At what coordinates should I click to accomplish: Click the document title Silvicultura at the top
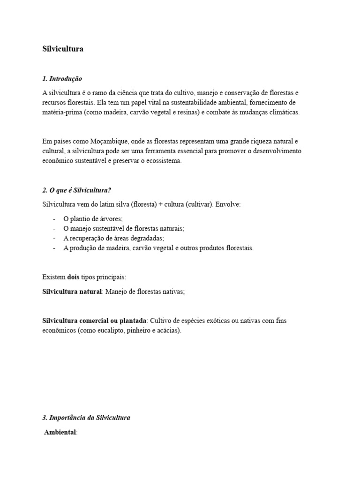[x=63, y=49]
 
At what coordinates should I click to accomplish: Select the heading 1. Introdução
[x=62, y=79]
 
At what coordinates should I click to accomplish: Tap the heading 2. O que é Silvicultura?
[x=76, y=190]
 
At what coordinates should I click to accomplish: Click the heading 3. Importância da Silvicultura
[x=86, y=418]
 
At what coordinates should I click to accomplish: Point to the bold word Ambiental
[x=60, y=433]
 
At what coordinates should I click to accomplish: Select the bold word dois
[x=73, y=277]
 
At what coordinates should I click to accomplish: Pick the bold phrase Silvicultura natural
[x=72, y=292]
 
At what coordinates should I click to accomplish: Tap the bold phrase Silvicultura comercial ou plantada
[x=94, y=320]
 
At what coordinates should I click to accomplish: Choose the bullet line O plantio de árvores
[x=93, y=219]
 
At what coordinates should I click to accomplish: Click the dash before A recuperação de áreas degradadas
[x=54, y=238]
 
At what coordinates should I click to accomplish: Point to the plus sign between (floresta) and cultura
[x=159, y=205]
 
